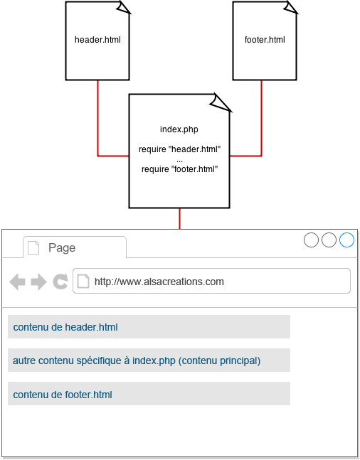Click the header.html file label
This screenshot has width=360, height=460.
tap(97, 40)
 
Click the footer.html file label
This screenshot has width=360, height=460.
tap(265, 40)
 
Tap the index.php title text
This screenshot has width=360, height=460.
tap(179, 129)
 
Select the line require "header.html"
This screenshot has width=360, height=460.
tap(179, 149)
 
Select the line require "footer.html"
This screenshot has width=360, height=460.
tap(179, 169)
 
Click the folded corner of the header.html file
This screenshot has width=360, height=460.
tap(124, 7)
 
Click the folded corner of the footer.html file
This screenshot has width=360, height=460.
tap(291, 7)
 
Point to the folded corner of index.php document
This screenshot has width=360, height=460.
tap(221, 102)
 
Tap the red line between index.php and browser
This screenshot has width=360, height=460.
tap(179, 218)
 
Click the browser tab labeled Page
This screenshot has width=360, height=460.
tap(75, 247)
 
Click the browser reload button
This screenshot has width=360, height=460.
tap(60, 282)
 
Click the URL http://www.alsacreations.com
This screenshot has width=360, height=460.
tap(159, 282)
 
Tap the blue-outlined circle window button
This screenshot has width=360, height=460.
tap(346, 240)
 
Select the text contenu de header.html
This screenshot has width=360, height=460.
tap(65, 327)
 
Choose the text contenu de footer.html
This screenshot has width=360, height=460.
tap(63, 395)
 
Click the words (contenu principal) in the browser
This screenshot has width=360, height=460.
tap(219, 360)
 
